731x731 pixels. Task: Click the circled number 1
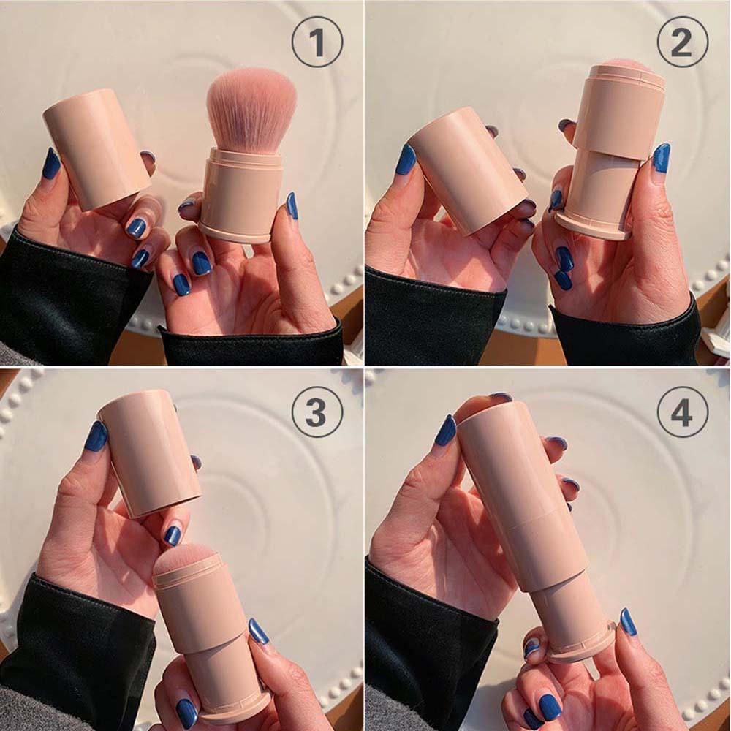(317, 42)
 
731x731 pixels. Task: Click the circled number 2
(682, 42)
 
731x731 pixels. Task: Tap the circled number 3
(317, 412)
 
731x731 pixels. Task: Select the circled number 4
(682, 412)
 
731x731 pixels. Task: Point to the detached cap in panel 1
(96, 146)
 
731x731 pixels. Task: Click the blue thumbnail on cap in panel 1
(50, 164)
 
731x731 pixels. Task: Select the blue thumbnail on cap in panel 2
(406, 159)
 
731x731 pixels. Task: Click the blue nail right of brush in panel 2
(662, 157)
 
